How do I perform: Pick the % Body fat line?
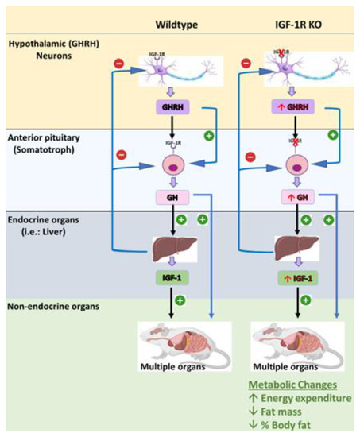(295, 427)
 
